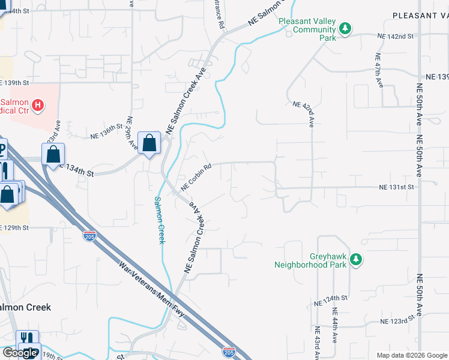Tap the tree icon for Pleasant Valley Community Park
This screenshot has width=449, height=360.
coord(345,28)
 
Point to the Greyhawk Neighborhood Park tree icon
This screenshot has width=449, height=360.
coord(357,259)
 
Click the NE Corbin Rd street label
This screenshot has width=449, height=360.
coord(196,178)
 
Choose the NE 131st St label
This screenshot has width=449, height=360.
coord(397,187)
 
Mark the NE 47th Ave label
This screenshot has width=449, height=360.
coord(379,70)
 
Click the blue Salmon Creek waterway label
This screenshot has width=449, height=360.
coord(160,220)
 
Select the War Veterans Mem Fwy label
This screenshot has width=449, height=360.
coord(152,288)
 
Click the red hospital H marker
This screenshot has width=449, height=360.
coord(38,106)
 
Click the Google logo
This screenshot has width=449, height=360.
coord(20,353)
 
